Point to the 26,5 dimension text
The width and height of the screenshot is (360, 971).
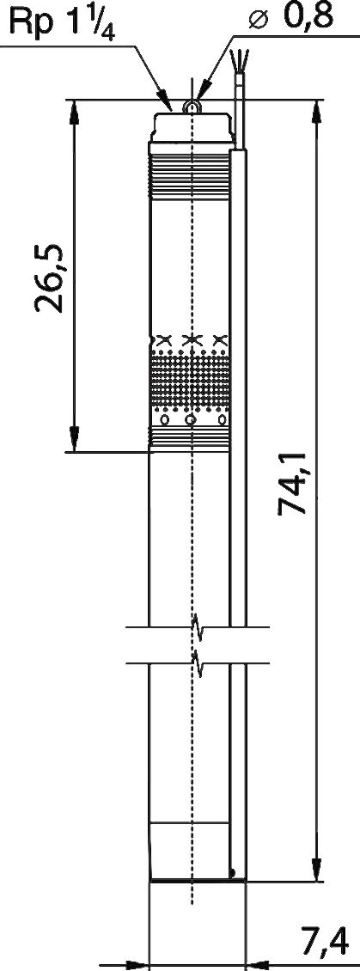click(x=50, y=277)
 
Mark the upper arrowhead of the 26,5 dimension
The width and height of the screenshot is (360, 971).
click(x=74, y=113)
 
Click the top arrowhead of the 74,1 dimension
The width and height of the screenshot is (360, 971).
click(x=316, y=113)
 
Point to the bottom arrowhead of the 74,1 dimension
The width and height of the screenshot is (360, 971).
click(x=316, y=867)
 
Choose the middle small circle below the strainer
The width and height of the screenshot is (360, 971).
click(x=191, y=420)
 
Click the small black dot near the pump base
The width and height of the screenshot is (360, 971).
click(x=233, y=873)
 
